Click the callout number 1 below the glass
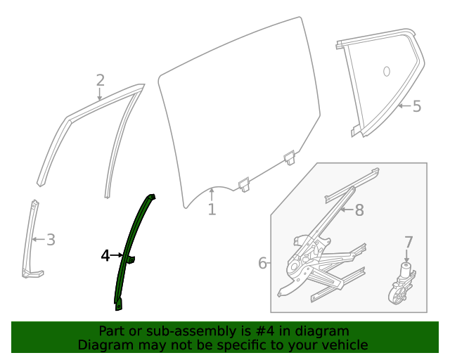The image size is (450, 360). click(x=212, y=210)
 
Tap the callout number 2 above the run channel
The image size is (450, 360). click(x=100, y=80)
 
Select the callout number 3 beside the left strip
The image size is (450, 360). click(x=51, y=240)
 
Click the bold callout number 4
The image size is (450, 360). click(x=105, y=255)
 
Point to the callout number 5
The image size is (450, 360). click(x=416, y=106)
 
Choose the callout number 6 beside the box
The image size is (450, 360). click(x=262, y=263)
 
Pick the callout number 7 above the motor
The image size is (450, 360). click(x=409, y=243)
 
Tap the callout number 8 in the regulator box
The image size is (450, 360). click(x=359, y=210)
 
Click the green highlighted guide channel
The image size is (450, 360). click(x=134, y=239)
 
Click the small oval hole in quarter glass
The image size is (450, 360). click(x=386, y=71)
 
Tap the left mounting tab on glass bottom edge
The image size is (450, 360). click(x=245, y=184)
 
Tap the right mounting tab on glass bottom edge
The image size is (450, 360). click(x=290, y=157)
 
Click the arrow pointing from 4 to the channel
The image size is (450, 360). click(x=117, y=256)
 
